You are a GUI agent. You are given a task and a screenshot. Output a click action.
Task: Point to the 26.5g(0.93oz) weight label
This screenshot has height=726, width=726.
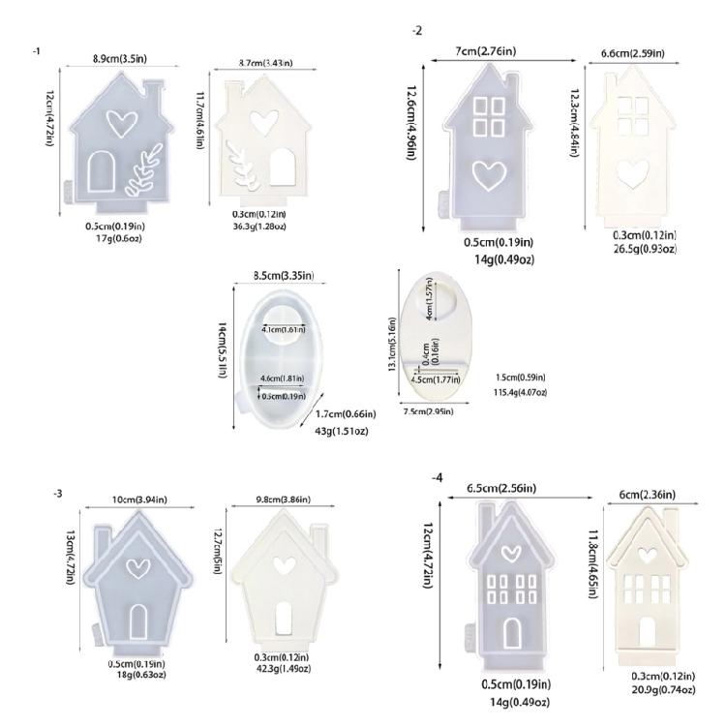644,248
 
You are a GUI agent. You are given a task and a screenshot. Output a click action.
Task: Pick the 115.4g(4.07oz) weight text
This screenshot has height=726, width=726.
520,392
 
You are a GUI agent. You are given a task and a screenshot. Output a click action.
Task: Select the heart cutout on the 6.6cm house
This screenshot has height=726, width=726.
632,171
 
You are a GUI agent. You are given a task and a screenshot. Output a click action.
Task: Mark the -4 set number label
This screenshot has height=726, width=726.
439,478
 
